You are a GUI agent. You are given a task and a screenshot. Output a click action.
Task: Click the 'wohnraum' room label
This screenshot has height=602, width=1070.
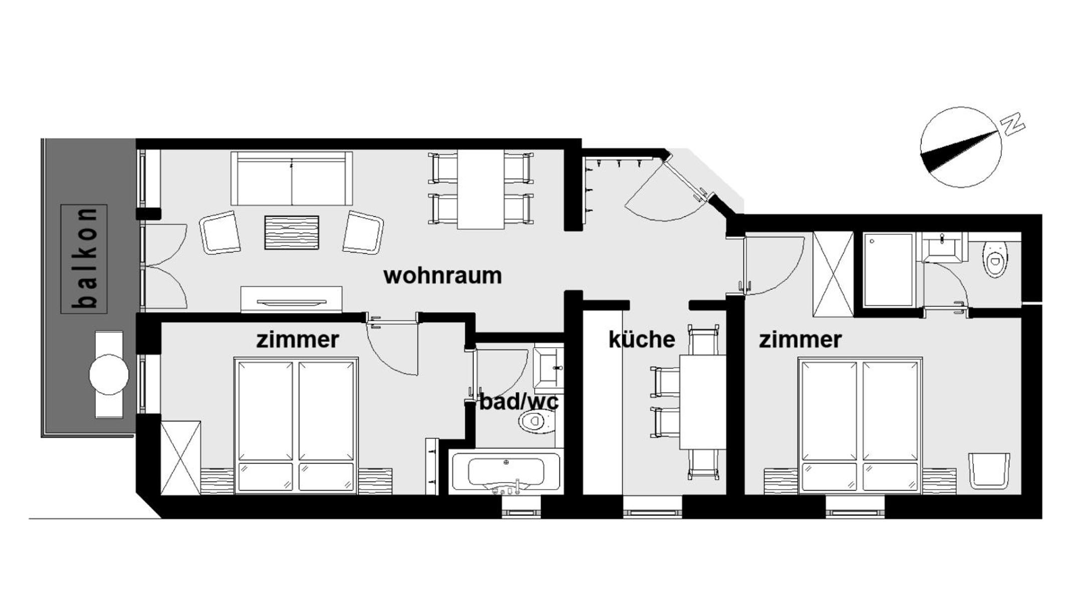[x=442, y=276]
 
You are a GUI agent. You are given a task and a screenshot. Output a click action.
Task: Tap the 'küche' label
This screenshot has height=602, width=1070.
[x=642, y=339]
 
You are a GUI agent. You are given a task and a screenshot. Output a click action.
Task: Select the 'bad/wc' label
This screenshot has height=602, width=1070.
[x=519, y=402]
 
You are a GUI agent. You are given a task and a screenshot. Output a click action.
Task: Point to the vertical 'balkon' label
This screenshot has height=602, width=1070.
[x=84, y=259]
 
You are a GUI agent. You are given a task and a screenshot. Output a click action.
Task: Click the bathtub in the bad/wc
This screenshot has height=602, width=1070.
[x=506, y=472]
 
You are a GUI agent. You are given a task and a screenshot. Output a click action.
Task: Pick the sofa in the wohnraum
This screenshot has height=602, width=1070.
[x=291, y=178]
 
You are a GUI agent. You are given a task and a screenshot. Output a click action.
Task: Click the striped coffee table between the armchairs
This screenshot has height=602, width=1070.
[x=291, y=232]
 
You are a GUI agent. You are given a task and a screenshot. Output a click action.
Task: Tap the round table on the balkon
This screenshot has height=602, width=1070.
[x=109, y=374]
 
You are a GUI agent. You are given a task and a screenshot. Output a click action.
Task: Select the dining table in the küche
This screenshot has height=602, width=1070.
[x=702, y=402]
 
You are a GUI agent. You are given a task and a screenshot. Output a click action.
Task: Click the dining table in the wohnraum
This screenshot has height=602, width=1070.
[x=481, y=189]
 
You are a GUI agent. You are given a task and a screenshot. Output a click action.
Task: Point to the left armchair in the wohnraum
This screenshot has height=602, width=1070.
[x=220, y=232]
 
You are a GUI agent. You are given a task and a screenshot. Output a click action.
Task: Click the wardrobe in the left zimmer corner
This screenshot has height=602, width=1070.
[x=181, y=458]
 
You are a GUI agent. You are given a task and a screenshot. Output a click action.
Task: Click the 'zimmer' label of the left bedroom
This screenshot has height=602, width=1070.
[x=297, y=340]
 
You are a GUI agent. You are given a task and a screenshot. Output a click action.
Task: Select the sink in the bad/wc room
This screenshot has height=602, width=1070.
[x=548, y=368]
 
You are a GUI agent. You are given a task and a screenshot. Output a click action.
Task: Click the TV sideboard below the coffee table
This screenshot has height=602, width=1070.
[x=291, y=299]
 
